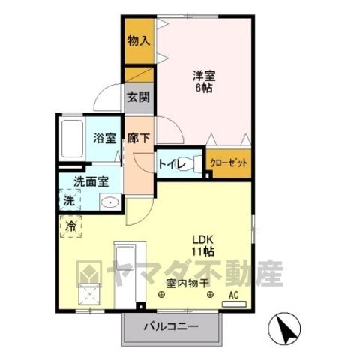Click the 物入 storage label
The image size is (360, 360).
tap(139, 40)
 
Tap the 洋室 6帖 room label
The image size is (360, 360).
tap(204, 82)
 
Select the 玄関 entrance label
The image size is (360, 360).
tap(139, 97)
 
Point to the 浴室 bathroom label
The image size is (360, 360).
tap(105, 138)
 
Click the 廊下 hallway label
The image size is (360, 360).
tap(139, 138)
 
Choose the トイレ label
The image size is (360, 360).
tap(172, 164)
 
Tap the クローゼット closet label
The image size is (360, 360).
tap(229, 163)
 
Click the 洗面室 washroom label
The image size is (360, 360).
tap(91, 182)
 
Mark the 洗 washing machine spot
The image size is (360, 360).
tap(69, 201)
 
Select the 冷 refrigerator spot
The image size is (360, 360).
tap(70, 226)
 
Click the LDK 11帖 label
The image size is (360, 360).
tap(202, 246)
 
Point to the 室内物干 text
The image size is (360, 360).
tap(187, 283)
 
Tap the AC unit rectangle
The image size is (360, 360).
tap(234, 304)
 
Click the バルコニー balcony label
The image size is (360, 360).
tap(172, 326)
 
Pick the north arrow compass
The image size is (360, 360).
tap(284, 328)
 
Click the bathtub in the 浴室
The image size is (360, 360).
tap(72, 139)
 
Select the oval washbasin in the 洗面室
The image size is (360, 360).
tap(110, 202)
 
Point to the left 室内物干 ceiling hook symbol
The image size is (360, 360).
tap(162, 295)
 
